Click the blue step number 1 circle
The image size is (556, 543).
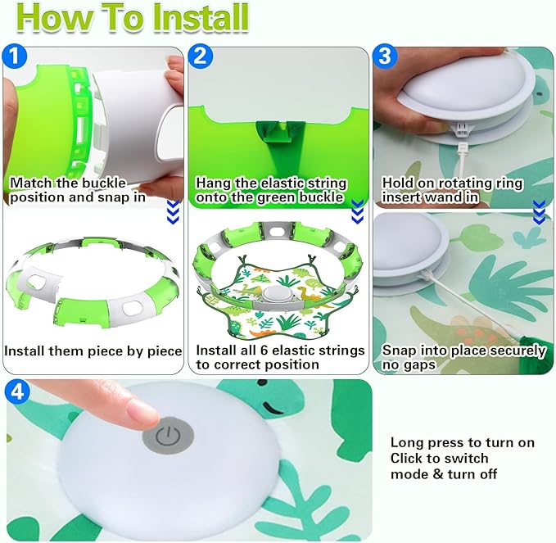(x=14, y=56)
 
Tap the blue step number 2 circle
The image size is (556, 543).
(x=201, y=56)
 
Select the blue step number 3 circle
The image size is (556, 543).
(x=385, y=56)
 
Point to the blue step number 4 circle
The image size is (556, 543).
(x=17, y=391)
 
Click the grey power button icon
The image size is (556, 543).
(x=168, y=437)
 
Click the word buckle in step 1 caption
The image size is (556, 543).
(x=104, y=183)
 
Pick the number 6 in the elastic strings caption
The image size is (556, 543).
(x=264, y=351)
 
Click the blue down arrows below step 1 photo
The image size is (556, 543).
(x=173, y=212)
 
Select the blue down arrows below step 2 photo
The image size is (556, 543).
(x=357, y=212)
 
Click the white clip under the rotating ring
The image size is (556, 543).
(x=462, y=129)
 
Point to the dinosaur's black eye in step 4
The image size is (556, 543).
(x=262, y=383)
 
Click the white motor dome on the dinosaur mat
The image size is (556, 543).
(x=270, y=294)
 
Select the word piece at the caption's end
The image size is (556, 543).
(x=165, y=351)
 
